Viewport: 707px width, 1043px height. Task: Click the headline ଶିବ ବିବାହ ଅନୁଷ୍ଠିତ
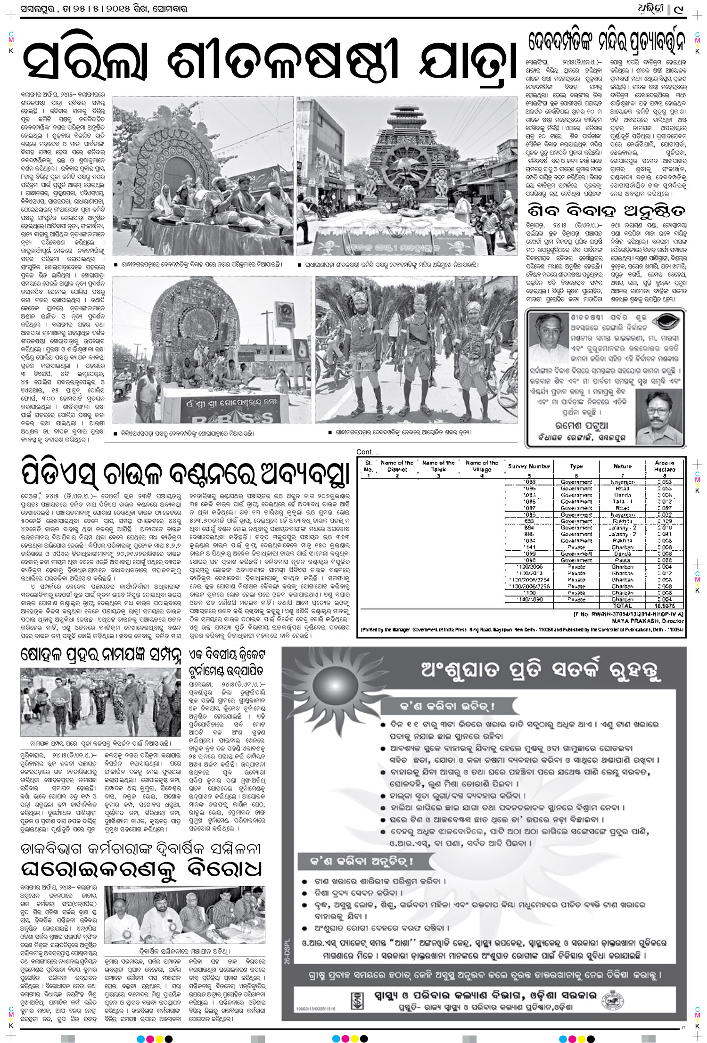point(606,211)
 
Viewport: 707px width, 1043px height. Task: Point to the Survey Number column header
point(529,466)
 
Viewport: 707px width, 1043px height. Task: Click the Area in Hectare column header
point(665,466)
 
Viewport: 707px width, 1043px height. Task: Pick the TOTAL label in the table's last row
point(622,606)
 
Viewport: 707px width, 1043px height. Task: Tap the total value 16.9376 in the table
point(665,606)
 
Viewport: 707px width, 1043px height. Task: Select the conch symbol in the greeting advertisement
point(665,325)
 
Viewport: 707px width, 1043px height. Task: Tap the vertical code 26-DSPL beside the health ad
point(287,952)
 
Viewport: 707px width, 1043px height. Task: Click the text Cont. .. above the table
point(368,452)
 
